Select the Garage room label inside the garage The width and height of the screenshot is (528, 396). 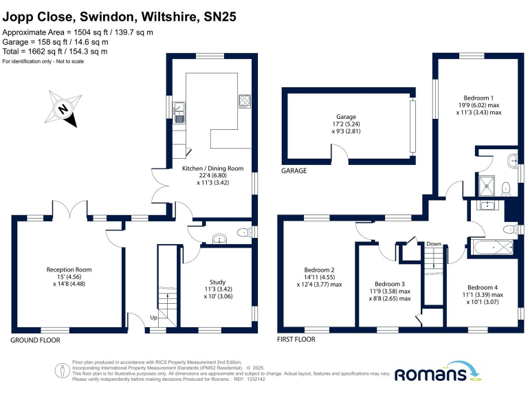346,117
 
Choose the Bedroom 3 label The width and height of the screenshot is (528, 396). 390,283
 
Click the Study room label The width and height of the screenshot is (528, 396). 217,282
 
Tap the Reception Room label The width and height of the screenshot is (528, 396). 69,269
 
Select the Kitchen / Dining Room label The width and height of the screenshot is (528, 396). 212,168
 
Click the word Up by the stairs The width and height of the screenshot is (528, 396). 154,318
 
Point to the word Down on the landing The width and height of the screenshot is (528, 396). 433,243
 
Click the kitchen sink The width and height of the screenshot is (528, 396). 179,110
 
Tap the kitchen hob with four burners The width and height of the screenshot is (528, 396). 244,102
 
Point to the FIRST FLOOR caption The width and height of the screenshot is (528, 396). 296,340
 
